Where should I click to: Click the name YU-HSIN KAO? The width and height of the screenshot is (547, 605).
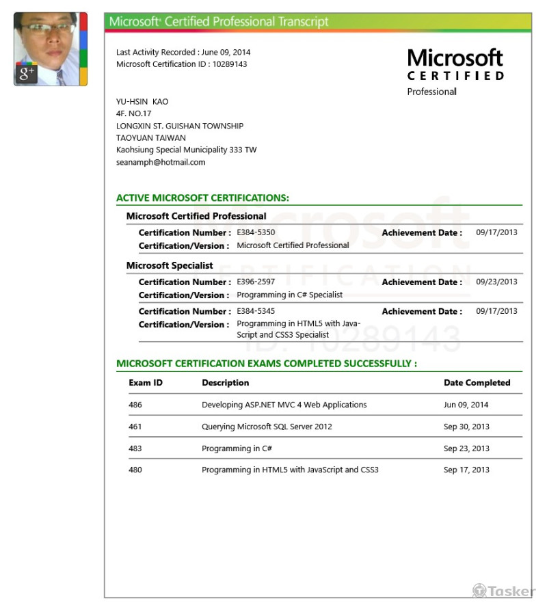(x=142, y=102)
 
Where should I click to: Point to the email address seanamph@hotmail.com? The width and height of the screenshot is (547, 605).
(x=161, y=162)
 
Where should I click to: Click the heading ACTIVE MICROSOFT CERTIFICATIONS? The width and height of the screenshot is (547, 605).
(x=202, y=198)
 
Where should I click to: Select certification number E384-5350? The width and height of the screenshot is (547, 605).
(x=256, y=232)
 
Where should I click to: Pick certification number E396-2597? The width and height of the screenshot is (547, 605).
(x=256, y=282)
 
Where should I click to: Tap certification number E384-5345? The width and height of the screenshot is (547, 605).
(x=256, y=311)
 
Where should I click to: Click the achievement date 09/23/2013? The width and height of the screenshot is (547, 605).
(x=496, y=282)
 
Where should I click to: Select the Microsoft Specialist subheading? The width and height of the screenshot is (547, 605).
(x=170, y=265)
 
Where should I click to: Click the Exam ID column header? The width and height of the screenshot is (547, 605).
(x=146, y=383)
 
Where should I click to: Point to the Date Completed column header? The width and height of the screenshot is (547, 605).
(x=477, y=383)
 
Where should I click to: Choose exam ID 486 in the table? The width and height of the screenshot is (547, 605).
(x=135, y=405)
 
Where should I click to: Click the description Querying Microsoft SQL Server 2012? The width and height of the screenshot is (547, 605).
(x=267, y=427)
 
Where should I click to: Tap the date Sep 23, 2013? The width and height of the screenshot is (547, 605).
(x=466, y=448)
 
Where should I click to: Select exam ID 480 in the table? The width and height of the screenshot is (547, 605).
(x=135, y=470)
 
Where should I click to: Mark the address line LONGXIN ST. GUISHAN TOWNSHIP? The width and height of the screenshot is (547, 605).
(x=180, y=126)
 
